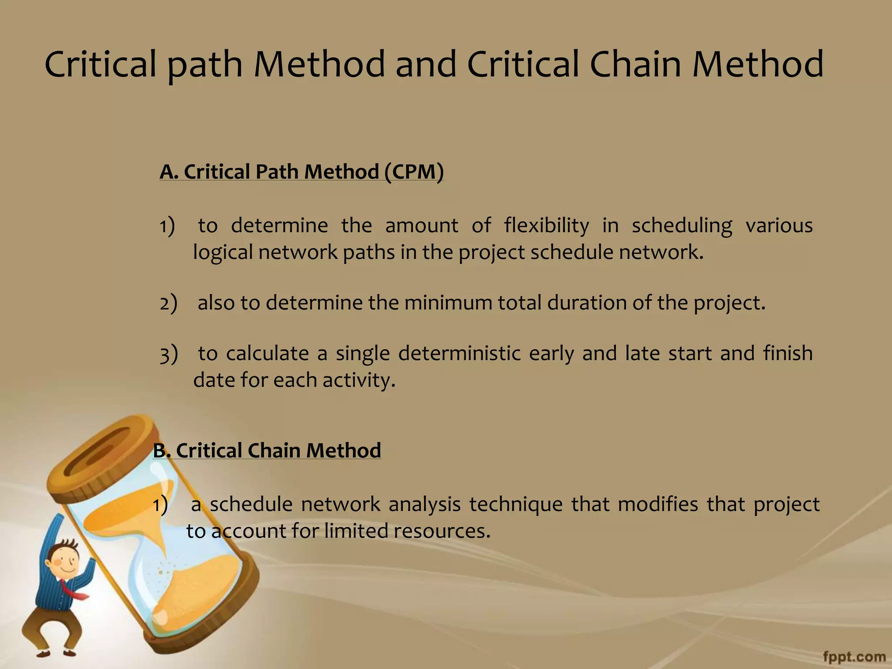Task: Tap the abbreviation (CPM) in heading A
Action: pos(414,172)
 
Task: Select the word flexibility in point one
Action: pos(546,226)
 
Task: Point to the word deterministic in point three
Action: pos(459,353)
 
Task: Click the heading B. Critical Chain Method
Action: pos(267,450)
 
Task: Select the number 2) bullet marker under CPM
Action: pos(168,303)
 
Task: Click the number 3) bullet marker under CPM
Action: pos(169,354)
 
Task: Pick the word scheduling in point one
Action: pos(682,226)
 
